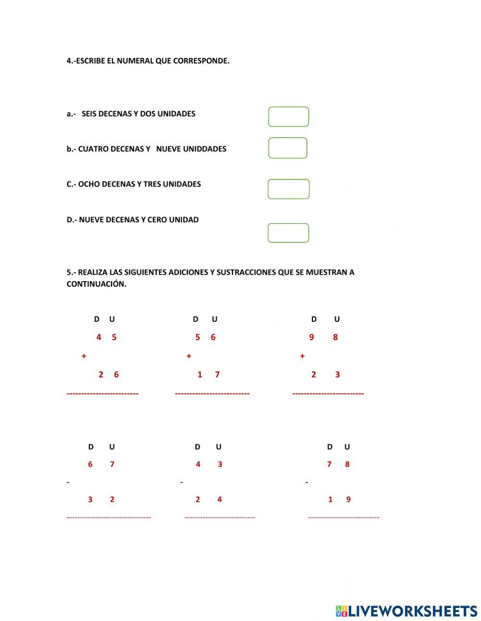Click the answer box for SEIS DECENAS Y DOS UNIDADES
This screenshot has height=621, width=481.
[x=288, y=117]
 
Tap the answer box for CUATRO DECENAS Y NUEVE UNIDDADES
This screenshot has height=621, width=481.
[x=287, y=148]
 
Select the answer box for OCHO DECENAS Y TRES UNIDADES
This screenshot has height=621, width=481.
[x=288, y=189]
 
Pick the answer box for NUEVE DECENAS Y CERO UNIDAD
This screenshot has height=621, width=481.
[x=288, y=233]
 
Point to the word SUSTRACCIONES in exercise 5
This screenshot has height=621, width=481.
[x=246, y=272]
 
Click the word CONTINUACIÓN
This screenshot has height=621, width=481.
[x=96, y=284]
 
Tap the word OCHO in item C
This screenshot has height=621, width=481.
[x=88, y=184]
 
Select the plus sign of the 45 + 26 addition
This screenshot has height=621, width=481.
[x=84, y=356]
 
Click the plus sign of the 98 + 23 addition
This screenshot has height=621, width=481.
[x=302, y=356]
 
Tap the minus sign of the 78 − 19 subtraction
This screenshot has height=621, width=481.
[x=306, y=482]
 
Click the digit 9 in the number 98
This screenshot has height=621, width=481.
[x=311, y=337]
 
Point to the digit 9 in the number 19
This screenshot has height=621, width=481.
[x=348, y=499]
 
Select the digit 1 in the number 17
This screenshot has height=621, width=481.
[x=200, y=375]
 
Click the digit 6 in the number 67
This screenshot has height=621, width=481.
[x=90, y=464]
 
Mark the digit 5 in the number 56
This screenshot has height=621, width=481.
[x=197, y=337]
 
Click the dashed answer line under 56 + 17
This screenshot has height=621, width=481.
[x=212, y=393]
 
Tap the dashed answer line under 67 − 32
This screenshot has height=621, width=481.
[x=109, y=517]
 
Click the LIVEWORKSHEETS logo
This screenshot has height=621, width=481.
[x=406, y=611]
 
